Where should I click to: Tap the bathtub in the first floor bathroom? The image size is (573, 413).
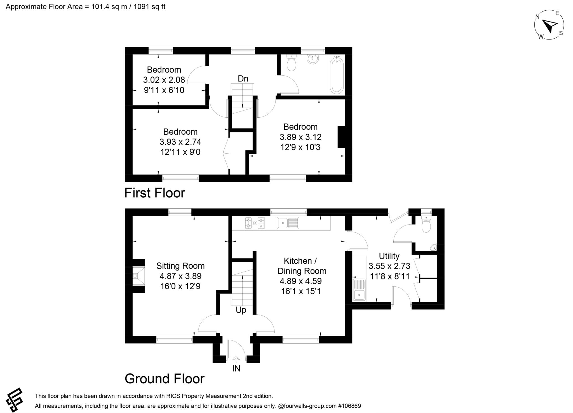coord(337,75)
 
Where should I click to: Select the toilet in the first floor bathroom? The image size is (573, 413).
coord(292,62)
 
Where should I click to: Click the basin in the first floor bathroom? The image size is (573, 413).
coord(313,59)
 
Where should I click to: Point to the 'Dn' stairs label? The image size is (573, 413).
coord(243,79)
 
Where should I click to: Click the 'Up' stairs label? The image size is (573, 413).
coord(241,310)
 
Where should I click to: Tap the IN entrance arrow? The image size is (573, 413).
coord(236,360)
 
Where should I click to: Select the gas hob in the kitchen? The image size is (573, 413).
coord(255,223)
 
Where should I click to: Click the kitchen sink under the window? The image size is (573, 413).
coord(288,223)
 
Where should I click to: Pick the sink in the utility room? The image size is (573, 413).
coord(359,290)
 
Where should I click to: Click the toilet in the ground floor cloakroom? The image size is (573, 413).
coord(426,225)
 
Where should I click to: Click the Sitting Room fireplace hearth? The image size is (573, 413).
coord(138,276)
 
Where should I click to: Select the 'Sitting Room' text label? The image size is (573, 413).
coord(180,266)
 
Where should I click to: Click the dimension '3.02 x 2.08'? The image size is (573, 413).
coord(164,80)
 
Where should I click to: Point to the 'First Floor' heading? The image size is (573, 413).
coord(155,193)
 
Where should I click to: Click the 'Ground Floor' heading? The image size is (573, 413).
coord(165,379)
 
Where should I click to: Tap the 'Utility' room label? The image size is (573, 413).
coord(389,256)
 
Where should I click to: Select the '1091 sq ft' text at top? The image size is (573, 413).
coord(149,6)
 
